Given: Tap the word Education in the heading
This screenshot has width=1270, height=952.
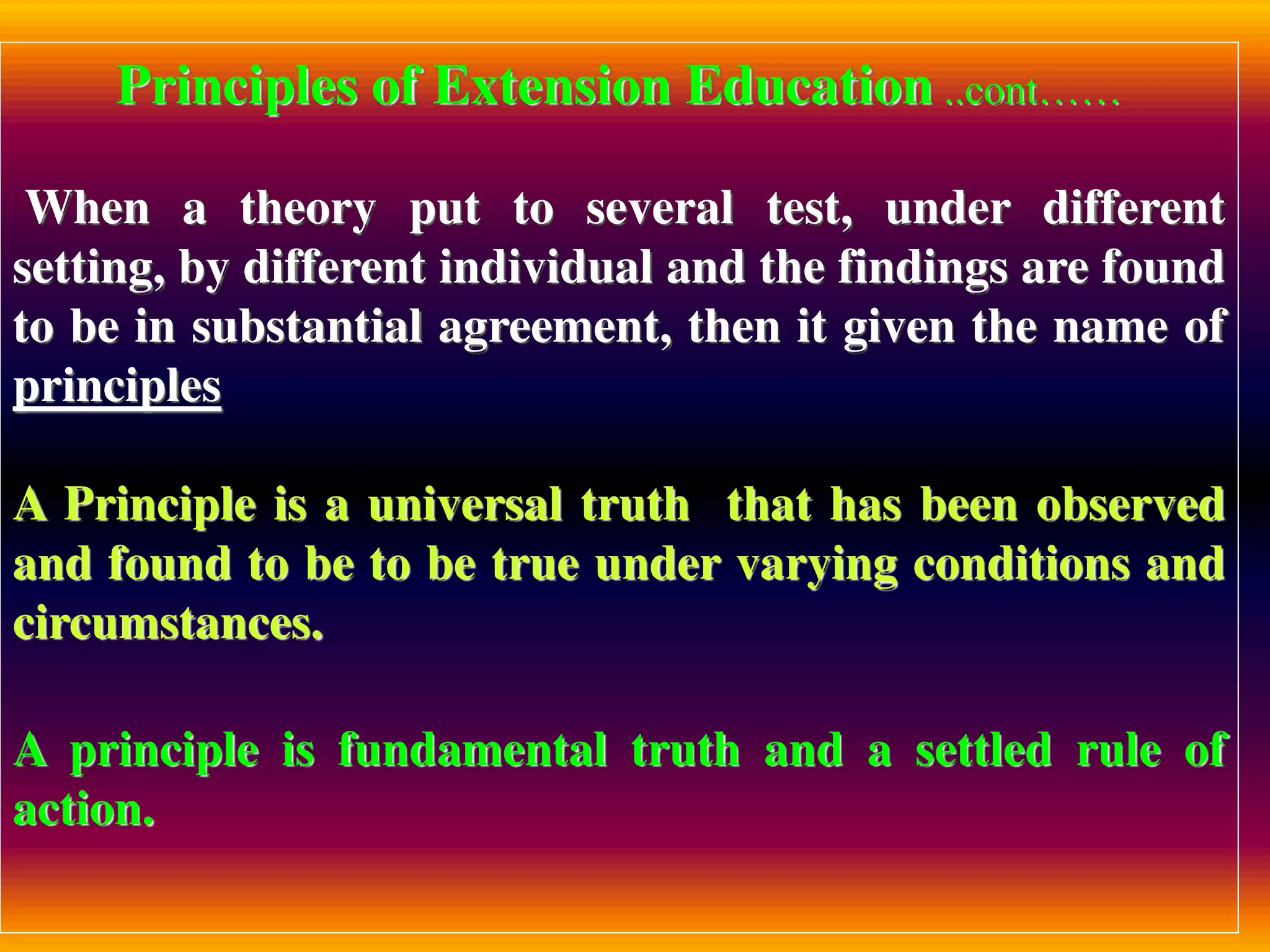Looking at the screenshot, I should pos(809,87).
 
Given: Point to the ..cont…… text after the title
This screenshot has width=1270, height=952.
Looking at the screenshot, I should pos(1033,93).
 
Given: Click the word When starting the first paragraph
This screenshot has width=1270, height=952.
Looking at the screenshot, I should pos(89,208).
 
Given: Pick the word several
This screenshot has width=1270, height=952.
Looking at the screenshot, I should pos(660,208).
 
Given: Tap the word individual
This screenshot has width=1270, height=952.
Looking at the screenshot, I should pos(546,268).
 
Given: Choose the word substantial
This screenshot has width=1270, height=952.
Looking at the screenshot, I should pos(307,327).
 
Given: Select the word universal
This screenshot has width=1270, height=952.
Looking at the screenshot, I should pos(466,505).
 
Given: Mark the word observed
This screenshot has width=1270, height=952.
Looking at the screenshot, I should pos(1130,505).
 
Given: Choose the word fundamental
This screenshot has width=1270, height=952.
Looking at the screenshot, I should pos(473,751).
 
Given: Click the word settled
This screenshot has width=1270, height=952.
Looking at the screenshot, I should pos(984,751).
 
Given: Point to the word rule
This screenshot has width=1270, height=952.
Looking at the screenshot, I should pos(1119,751).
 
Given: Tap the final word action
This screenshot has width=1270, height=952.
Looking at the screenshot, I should pos(84,810).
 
